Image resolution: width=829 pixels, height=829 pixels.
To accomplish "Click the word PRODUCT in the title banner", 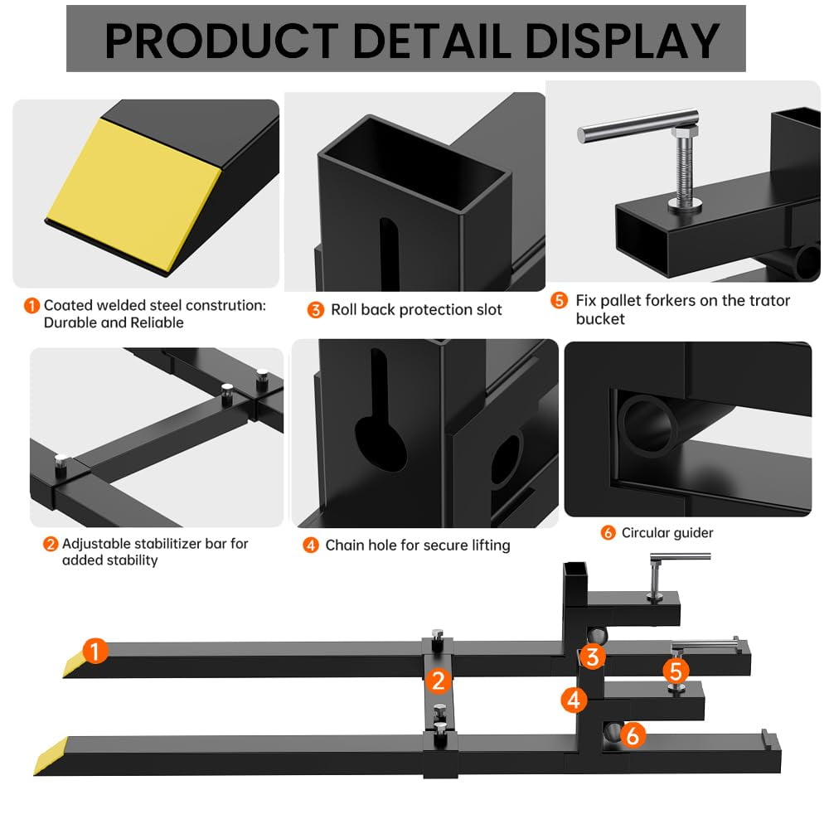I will tap(221, 41).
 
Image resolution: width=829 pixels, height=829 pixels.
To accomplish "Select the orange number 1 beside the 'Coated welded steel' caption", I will tap(32, 306).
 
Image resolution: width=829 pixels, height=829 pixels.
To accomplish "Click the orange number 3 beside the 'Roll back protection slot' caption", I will tap(315, 310).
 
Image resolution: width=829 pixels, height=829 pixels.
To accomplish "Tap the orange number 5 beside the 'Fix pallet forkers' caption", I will tap(559, 301).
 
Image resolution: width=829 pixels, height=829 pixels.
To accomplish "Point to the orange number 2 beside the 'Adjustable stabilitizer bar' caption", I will tap(51, 545).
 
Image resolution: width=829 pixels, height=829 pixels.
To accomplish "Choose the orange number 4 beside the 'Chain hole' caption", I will tap(310, 545).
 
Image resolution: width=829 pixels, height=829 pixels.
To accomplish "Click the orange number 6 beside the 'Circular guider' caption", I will tap(608, 533).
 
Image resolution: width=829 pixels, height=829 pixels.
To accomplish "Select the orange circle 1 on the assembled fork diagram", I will tap(95, 652).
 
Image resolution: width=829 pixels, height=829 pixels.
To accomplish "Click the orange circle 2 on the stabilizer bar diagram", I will tap(439, 681).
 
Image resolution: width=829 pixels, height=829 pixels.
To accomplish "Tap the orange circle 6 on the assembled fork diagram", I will tap(633, 734).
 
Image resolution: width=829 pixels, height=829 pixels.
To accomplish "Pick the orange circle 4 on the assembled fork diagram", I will tap(574, 701).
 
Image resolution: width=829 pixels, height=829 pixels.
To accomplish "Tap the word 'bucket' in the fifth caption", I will tap(600, 318).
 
